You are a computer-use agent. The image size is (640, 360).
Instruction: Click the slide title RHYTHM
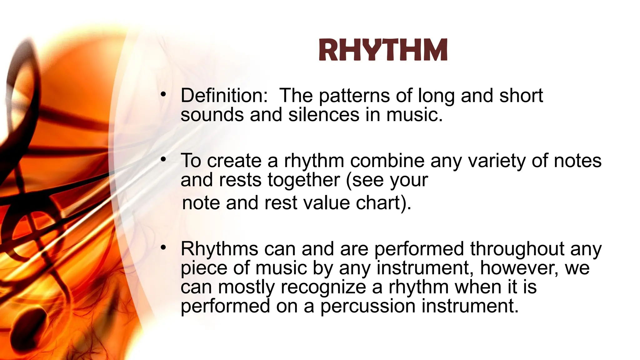[x=383, y=50]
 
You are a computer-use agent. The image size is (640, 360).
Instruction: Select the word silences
[x=324, y=115]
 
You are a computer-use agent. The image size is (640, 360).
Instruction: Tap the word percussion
[x=368, y=306]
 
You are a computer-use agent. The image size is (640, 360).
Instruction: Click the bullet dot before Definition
[x=163, y=94]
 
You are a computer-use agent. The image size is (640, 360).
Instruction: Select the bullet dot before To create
[x=163, y=159]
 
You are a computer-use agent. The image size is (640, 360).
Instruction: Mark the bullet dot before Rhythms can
[x=163, y=248]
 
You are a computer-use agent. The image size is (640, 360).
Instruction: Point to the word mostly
[x=246, y=287]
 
